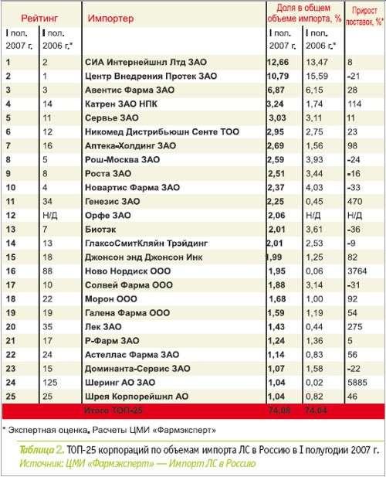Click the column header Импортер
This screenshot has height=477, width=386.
click(x=110, y=19)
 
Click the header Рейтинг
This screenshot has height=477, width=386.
click(x=39, y=19)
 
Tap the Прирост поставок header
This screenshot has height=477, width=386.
click(x=364, y=16)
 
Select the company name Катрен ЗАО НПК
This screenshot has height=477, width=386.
click(x=121, y=104)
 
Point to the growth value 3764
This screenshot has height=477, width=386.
click(x=357, y=271)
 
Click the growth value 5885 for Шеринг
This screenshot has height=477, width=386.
click(x=357, y=383)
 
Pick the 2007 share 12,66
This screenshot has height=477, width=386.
click(x=278, y=62)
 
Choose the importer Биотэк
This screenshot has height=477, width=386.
click(x=100, y=230)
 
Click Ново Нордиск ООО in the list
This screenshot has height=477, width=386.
click(x=127, y=271)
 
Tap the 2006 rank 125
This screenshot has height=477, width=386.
click(x=50, y=383)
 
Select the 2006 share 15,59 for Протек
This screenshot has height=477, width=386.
click(x=317, y=76)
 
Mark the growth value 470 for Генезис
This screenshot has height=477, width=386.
click(x=354, y=201)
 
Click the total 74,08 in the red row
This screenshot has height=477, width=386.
click(x=279, y=411)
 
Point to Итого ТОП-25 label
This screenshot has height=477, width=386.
click(x=113, y=411)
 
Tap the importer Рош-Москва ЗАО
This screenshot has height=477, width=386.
click(x=122, y=160)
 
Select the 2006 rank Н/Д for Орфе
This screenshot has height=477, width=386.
click(x=50, y=216)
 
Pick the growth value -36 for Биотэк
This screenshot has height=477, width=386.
click(x=354, y=230)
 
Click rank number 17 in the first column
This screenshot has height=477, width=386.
click(x=11, y=285)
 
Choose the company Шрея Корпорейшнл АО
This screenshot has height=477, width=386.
click(x=137, y=397)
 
